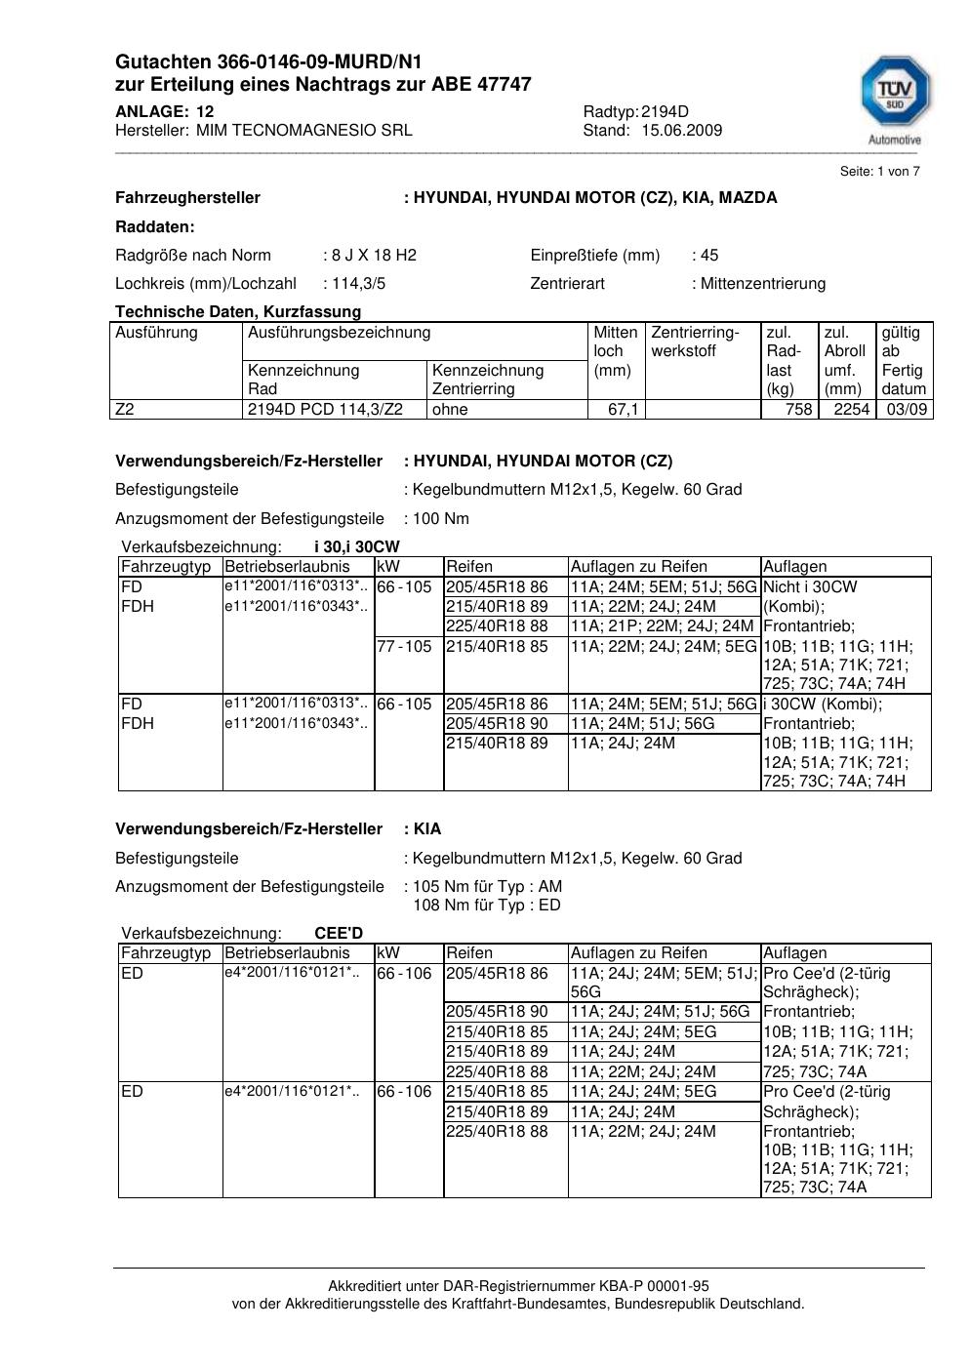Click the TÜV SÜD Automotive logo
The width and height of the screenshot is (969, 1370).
(894, 99)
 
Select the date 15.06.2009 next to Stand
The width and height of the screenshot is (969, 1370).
(681, 130)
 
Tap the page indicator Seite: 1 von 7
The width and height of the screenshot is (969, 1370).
(879, 171)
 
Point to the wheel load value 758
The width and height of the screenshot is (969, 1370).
(798, 409)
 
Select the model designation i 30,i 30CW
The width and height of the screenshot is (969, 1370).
(356, 546)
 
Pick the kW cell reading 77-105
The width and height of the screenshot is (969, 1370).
(404, 646)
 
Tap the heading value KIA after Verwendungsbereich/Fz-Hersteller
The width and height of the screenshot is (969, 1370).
(427, 828)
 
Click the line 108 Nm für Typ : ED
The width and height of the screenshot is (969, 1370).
(487, 905)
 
